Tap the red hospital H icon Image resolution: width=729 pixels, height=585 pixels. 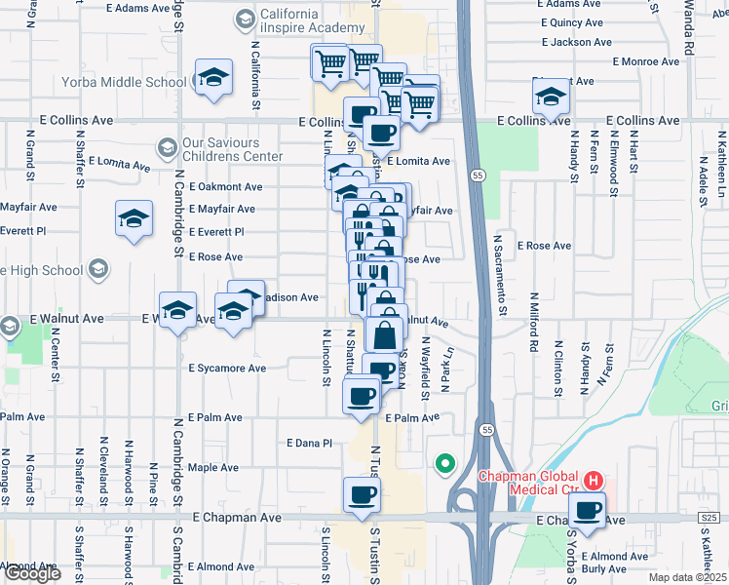click(592, 481)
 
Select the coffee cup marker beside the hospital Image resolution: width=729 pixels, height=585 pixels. click(587, 510)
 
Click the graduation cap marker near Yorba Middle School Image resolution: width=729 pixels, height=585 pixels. click(213, 78)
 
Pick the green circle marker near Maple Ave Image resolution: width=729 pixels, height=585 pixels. click(445, 464)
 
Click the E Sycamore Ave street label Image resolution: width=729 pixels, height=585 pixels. click(227, 369)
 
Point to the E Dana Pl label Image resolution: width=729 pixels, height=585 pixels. click(310, 443)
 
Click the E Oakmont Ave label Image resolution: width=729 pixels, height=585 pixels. click(226, 186)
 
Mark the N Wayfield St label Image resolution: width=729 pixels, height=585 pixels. click(426, 369)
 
